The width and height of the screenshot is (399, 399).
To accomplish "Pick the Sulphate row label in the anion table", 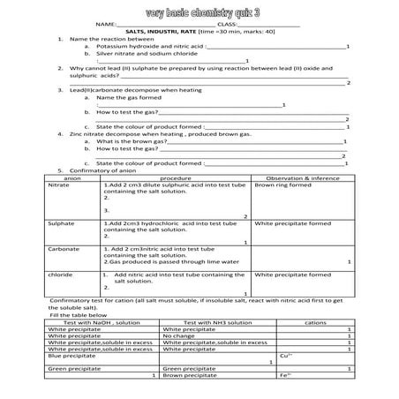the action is (x=61, y=224).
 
